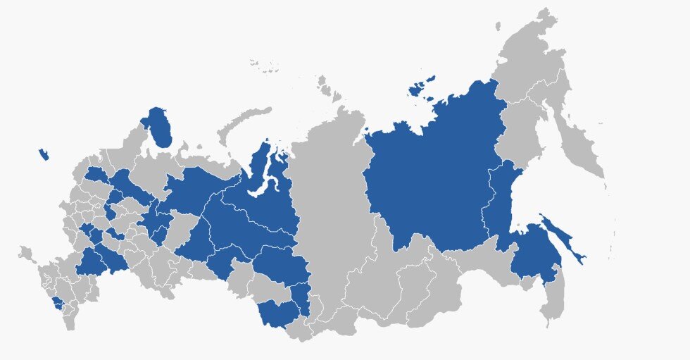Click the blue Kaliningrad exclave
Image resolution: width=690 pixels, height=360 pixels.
pyautogui.click(x=44, y=154)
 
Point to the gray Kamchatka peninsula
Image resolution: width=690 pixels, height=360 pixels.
pyautogui.click(x=577, y=141)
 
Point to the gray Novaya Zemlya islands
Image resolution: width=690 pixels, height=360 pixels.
pyautogui.click(x=243, y=123)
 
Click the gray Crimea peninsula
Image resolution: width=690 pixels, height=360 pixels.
pyautogui.click(x=27, y=252)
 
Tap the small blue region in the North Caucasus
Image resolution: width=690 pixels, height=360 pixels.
pyautogui.click(x=58, y=304)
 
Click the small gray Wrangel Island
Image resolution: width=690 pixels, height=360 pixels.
pyautogui.click(x=497, y=27)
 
